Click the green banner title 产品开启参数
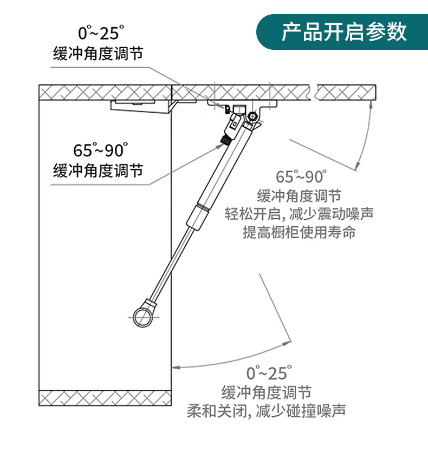coord(343,32)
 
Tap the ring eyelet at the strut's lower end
coord(141,317)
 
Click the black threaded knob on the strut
coord(223,140)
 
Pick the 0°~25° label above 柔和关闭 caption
coord(269,373)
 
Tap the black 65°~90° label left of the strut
coord(100,150)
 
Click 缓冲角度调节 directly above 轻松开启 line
coord(299,195)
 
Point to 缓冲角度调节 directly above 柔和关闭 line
coord(266,392)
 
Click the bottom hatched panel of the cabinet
coord(106,397)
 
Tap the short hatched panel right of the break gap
coord(347,93)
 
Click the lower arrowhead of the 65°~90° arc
coord(358,166)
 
